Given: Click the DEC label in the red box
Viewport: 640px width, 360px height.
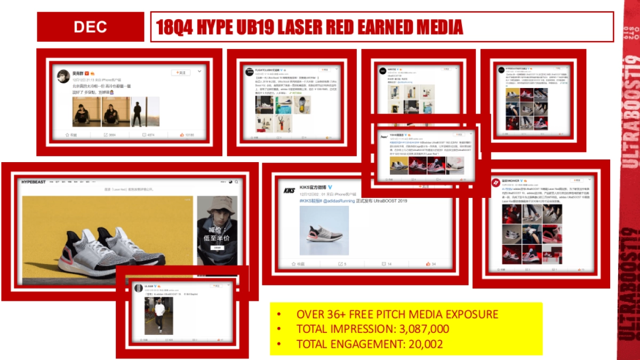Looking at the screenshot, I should tap(90, 27).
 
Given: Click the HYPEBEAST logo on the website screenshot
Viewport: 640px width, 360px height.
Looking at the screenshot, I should tap(34, 182).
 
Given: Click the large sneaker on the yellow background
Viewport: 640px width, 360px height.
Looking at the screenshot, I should tap(101, 245).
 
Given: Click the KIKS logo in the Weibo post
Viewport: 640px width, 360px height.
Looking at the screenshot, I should tap(290, 190).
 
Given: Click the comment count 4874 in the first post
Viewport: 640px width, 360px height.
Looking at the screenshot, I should tap(150, 135).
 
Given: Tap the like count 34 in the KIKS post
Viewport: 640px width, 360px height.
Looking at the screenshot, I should tap(431, 264).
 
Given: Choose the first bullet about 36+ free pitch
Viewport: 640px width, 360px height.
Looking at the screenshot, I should tap(397, 314).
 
